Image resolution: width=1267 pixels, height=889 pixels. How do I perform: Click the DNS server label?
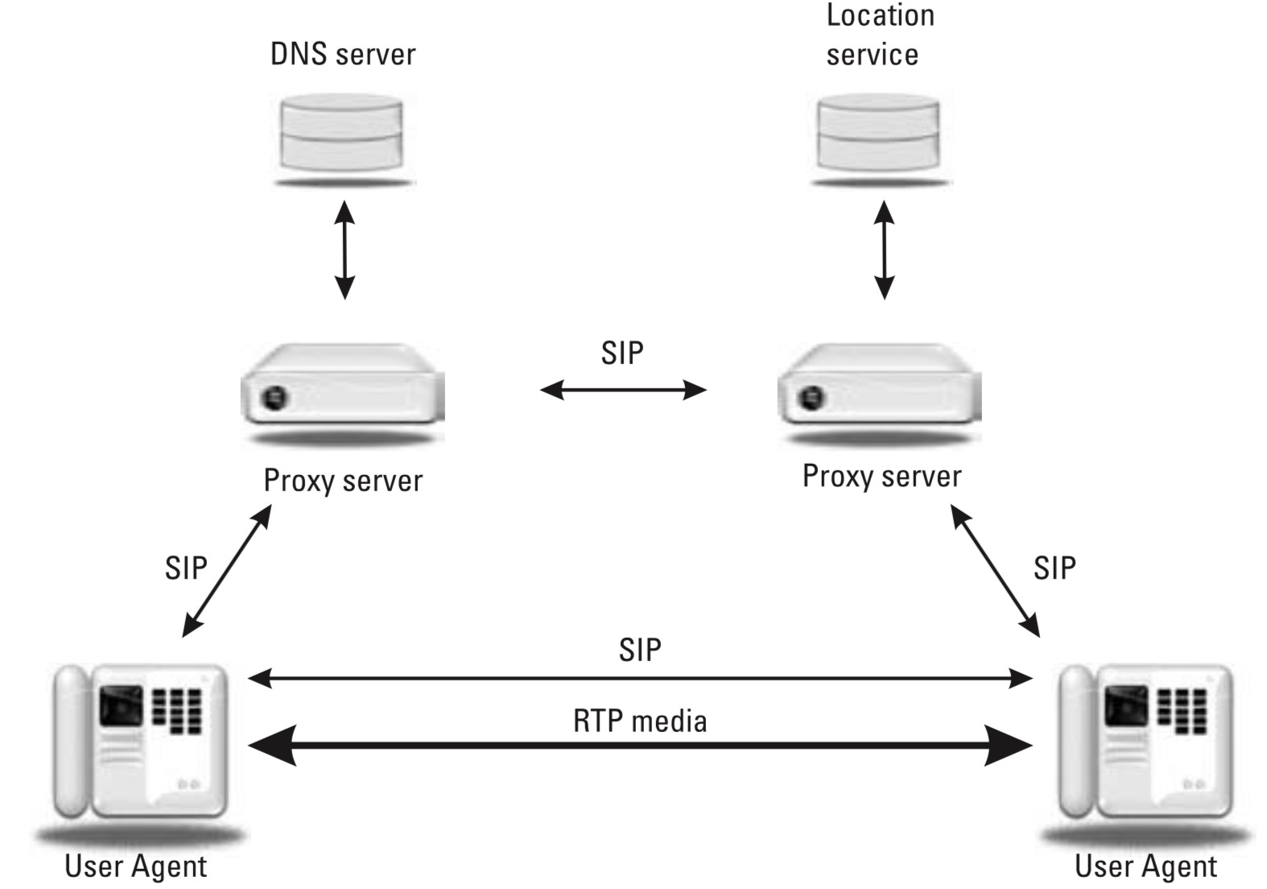click(343, 54)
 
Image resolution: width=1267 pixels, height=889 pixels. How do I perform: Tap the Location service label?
click(879, 35)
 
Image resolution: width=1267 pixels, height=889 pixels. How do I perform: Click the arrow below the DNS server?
click(345, 250)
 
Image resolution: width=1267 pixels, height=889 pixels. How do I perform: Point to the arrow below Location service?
click(884, 250)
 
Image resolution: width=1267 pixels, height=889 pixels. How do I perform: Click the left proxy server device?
click(343, 387)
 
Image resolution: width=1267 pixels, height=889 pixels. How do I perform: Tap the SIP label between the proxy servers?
click(622, 353)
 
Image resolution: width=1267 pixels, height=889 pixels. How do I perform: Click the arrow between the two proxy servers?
click(622, 391)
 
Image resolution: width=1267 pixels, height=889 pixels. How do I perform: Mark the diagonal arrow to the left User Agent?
click(227, 571)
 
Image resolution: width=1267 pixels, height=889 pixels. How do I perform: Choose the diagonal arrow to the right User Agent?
click(996, 571)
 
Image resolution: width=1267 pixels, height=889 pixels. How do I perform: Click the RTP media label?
click(640, 721)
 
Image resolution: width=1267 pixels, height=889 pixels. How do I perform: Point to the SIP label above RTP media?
click(640, 650)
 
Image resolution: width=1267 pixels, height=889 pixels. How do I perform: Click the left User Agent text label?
click(135, 866)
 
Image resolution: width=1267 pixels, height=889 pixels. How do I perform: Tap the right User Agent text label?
click(1145, 866)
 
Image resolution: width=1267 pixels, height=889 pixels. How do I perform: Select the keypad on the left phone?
click(177, 710)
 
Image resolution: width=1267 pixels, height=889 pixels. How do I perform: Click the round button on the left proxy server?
click(275, 396)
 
